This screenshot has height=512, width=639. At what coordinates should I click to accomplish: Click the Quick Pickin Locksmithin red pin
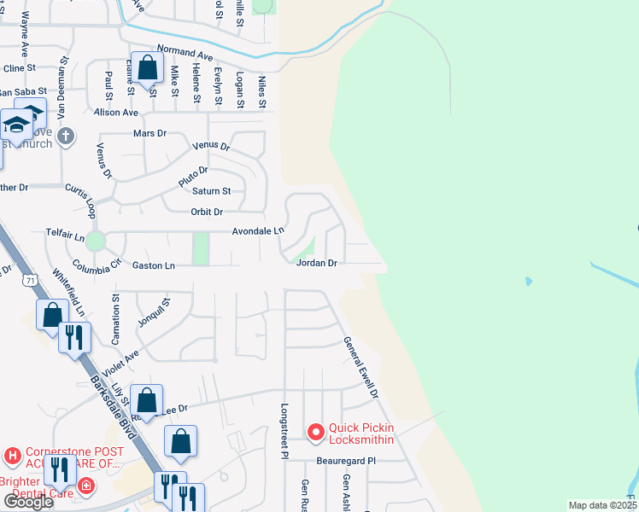[315, 433]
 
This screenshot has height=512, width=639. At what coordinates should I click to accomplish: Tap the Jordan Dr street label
[317, 264]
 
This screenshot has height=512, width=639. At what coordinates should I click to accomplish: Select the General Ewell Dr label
[360, 367]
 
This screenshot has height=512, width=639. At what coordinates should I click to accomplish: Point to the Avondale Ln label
[258, 231]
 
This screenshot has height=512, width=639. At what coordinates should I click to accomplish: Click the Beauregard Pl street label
[347, 460]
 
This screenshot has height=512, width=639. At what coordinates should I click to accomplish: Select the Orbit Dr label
[206, 212]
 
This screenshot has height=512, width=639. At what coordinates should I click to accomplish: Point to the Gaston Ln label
[154, 266]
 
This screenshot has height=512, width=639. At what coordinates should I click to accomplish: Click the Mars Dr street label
[149, 134]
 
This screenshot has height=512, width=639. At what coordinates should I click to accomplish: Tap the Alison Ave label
[116, 112]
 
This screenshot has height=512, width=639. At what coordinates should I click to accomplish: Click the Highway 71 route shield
[31, 279]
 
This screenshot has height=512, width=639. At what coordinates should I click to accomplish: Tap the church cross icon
[67, 135]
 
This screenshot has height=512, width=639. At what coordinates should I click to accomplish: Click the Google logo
[28, 502]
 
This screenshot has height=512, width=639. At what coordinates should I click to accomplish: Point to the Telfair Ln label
[66, 231]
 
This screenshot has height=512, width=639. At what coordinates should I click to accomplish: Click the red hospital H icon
[12, 457]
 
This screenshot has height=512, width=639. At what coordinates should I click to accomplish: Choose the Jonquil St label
[155, 313]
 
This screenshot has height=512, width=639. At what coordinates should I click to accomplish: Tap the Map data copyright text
[602, 505]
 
